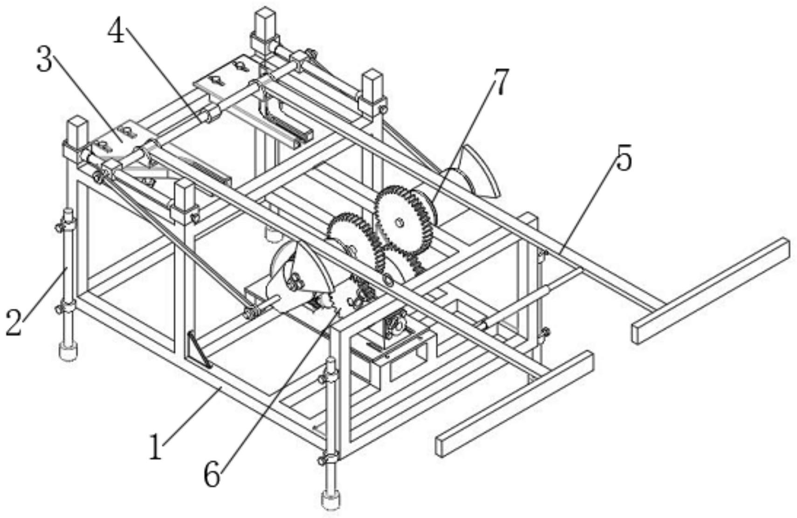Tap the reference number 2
click(14, 323)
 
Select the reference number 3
click(45, 61)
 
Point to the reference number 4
click(117, 32)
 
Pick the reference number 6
click(212, 475)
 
